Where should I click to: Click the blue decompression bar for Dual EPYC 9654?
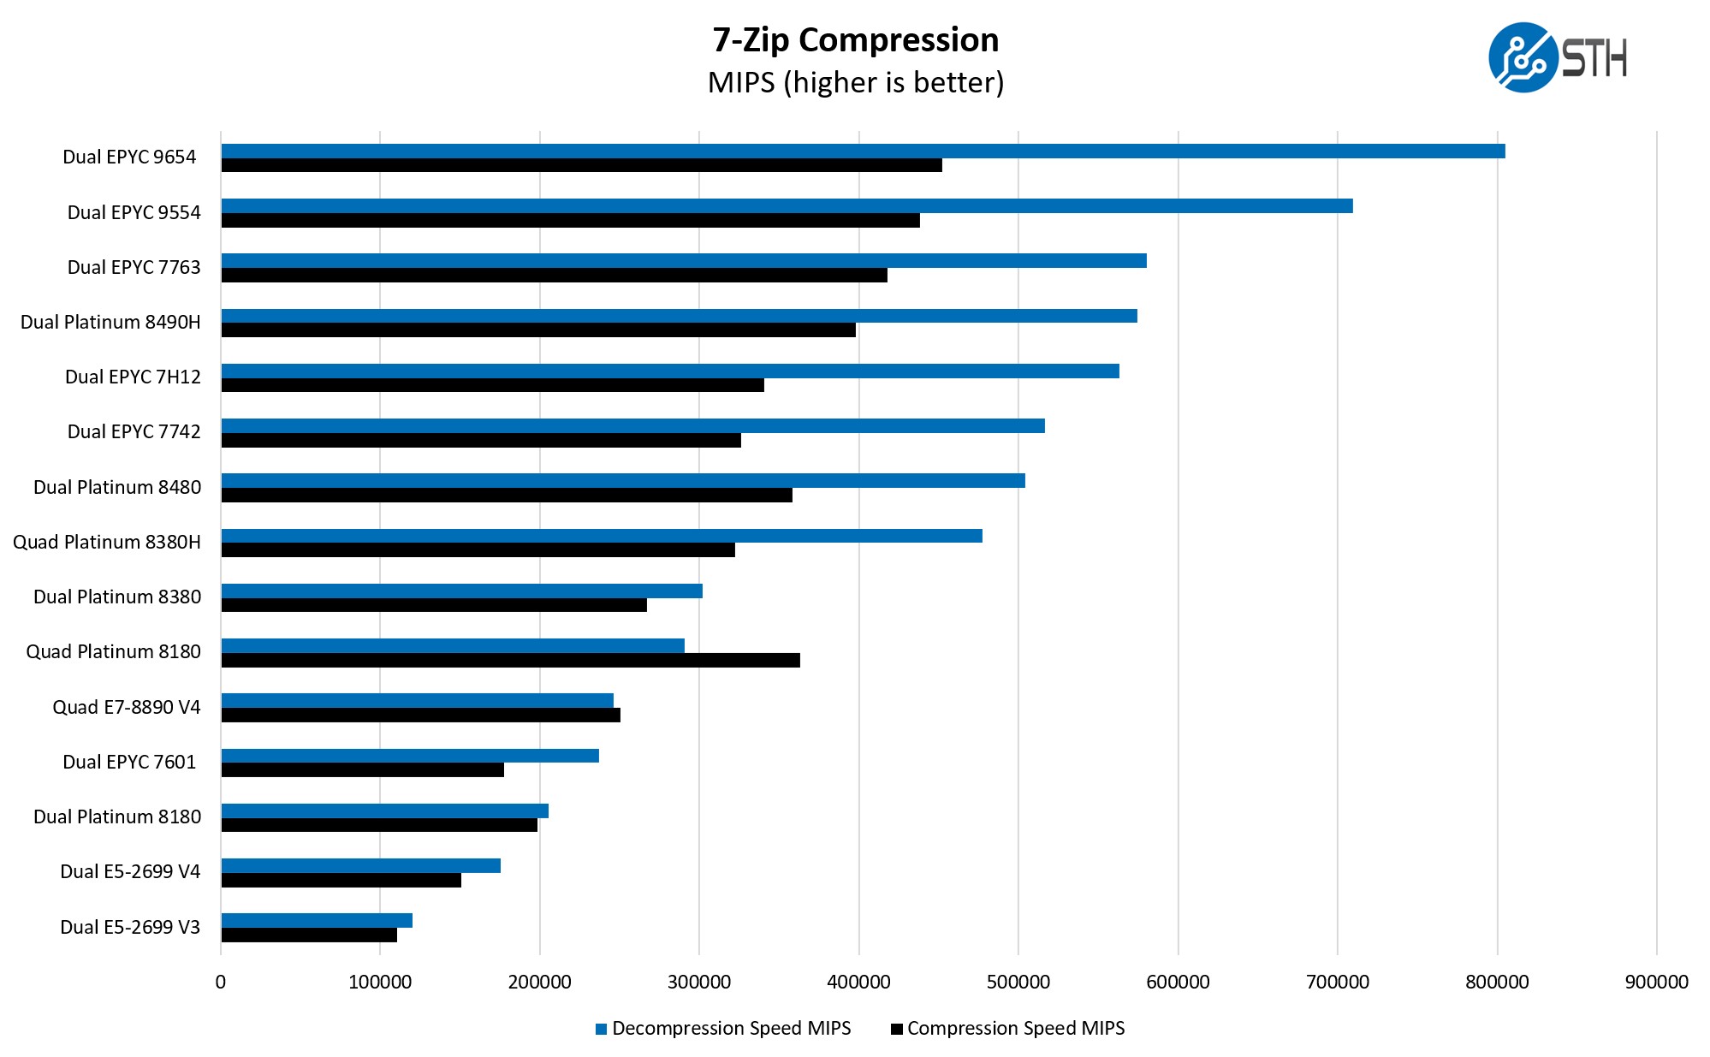863,151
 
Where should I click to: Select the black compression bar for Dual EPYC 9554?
570,221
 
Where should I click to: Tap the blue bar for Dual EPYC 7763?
684,261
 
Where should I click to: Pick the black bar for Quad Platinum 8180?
510,660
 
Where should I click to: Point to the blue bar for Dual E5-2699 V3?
317,920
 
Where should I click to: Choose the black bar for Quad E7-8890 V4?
420,715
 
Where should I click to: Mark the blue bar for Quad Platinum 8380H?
602,536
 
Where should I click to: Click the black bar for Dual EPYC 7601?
362,770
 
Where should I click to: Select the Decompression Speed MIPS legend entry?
723,1028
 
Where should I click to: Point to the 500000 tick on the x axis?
1018,982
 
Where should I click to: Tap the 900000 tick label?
1656,982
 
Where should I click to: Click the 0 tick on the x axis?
221,982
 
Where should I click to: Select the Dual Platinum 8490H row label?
110,322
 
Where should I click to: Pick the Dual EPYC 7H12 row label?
133,377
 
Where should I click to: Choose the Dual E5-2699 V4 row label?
130,871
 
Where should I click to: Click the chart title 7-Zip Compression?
856,40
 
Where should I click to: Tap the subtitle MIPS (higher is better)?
856,82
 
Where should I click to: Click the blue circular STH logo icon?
1522,57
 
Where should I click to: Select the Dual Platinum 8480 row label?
117,487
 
